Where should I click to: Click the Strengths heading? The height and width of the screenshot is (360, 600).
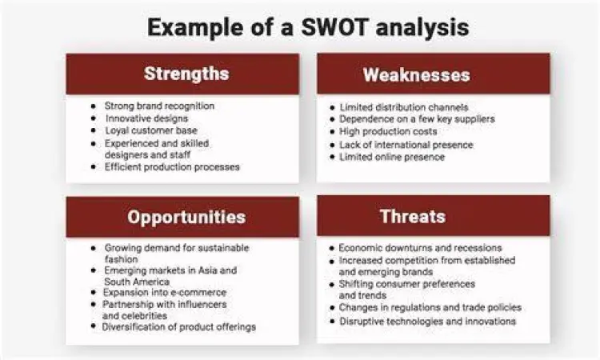(186, 74)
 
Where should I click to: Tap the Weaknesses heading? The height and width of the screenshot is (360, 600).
(415, 75)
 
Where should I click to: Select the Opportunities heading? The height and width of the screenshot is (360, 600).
(186, 218)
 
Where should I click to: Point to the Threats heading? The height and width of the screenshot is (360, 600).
(413, 217)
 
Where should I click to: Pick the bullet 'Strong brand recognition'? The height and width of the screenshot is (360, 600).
(159, 106)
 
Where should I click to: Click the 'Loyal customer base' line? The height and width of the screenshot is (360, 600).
(150, 130)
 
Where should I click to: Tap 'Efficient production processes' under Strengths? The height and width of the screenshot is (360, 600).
(172, 166)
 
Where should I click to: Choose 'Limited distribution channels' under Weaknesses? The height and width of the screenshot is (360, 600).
(404, 107)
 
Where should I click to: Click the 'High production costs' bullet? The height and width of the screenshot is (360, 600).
(389, 131)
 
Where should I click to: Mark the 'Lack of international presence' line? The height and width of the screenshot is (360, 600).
(406, 145)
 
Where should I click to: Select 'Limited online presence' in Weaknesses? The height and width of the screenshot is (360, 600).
(392, 157)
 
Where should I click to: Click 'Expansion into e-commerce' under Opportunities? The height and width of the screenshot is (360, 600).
(165, 293)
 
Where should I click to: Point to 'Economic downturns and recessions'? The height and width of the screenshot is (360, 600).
(420, 248)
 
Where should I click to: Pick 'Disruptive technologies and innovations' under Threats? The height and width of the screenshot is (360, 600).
(427, 322)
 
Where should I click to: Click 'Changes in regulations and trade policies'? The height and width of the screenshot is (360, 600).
(430, 307)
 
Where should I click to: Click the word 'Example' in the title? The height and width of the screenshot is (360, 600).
(196, 27)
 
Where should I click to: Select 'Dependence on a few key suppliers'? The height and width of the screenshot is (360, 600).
(417, 119)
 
